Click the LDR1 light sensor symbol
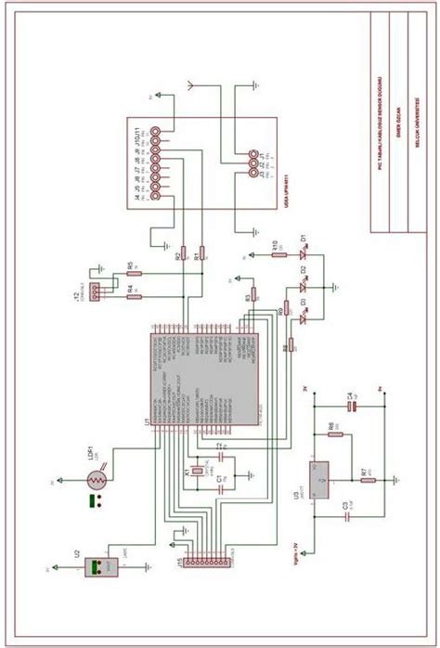(x=97, y=480)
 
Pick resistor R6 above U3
(x=336, y=434)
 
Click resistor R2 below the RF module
(x=184, y=253)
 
